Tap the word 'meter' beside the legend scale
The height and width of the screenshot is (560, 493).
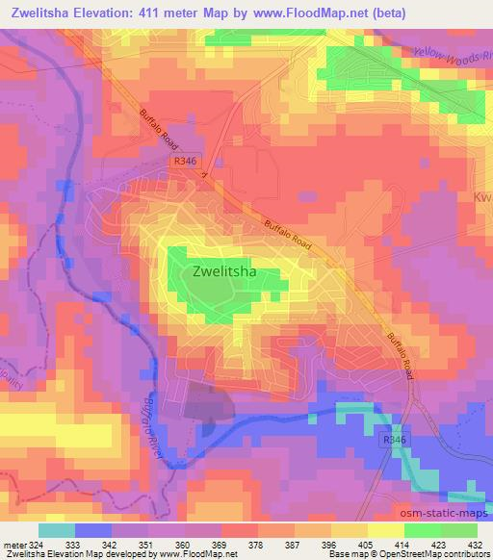(x=15, y=545)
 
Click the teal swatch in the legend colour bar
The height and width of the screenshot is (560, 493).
(x=56, y=530)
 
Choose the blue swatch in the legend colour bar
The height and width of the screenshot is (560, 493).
(x=92, y=530)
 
